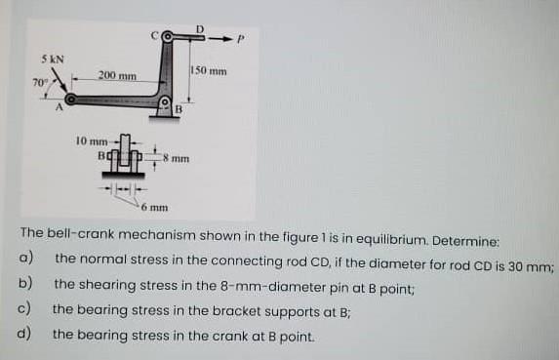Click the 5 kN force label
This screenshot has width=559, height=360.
point(53,60)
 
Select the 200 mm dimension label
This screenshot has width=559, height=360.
point(117,75)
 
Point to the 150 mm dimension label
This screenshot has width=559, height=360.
point(210,71)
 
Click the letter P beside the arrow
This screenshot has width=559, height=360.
point(241,38)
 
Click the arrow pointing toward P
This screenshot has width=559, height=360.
point(219,38)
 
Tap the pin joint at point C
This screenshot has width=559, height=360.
point(167,37)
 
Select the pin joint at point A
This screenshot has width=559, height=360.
point(70,100)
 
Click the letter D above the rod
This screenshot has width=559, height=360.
point(200,29)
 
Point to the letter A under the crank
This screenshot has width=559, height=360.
point(60,106)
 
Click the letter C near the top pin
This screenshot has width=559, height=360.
point(154,36)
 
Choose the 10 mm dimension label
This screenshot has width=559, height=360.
point(92,141)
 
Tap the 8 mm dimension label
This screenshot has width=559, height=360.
point(177,158)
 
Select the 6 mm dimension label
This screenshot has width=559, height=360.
point(154,207)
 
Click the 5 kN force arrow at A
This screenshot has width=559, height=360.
point(60,82)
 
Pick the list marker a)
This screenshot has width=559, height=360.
point(25,258)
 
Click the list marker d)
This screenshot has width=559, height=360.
point(24,334)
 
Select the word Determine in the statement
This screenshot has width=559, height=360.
point(465,242)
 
